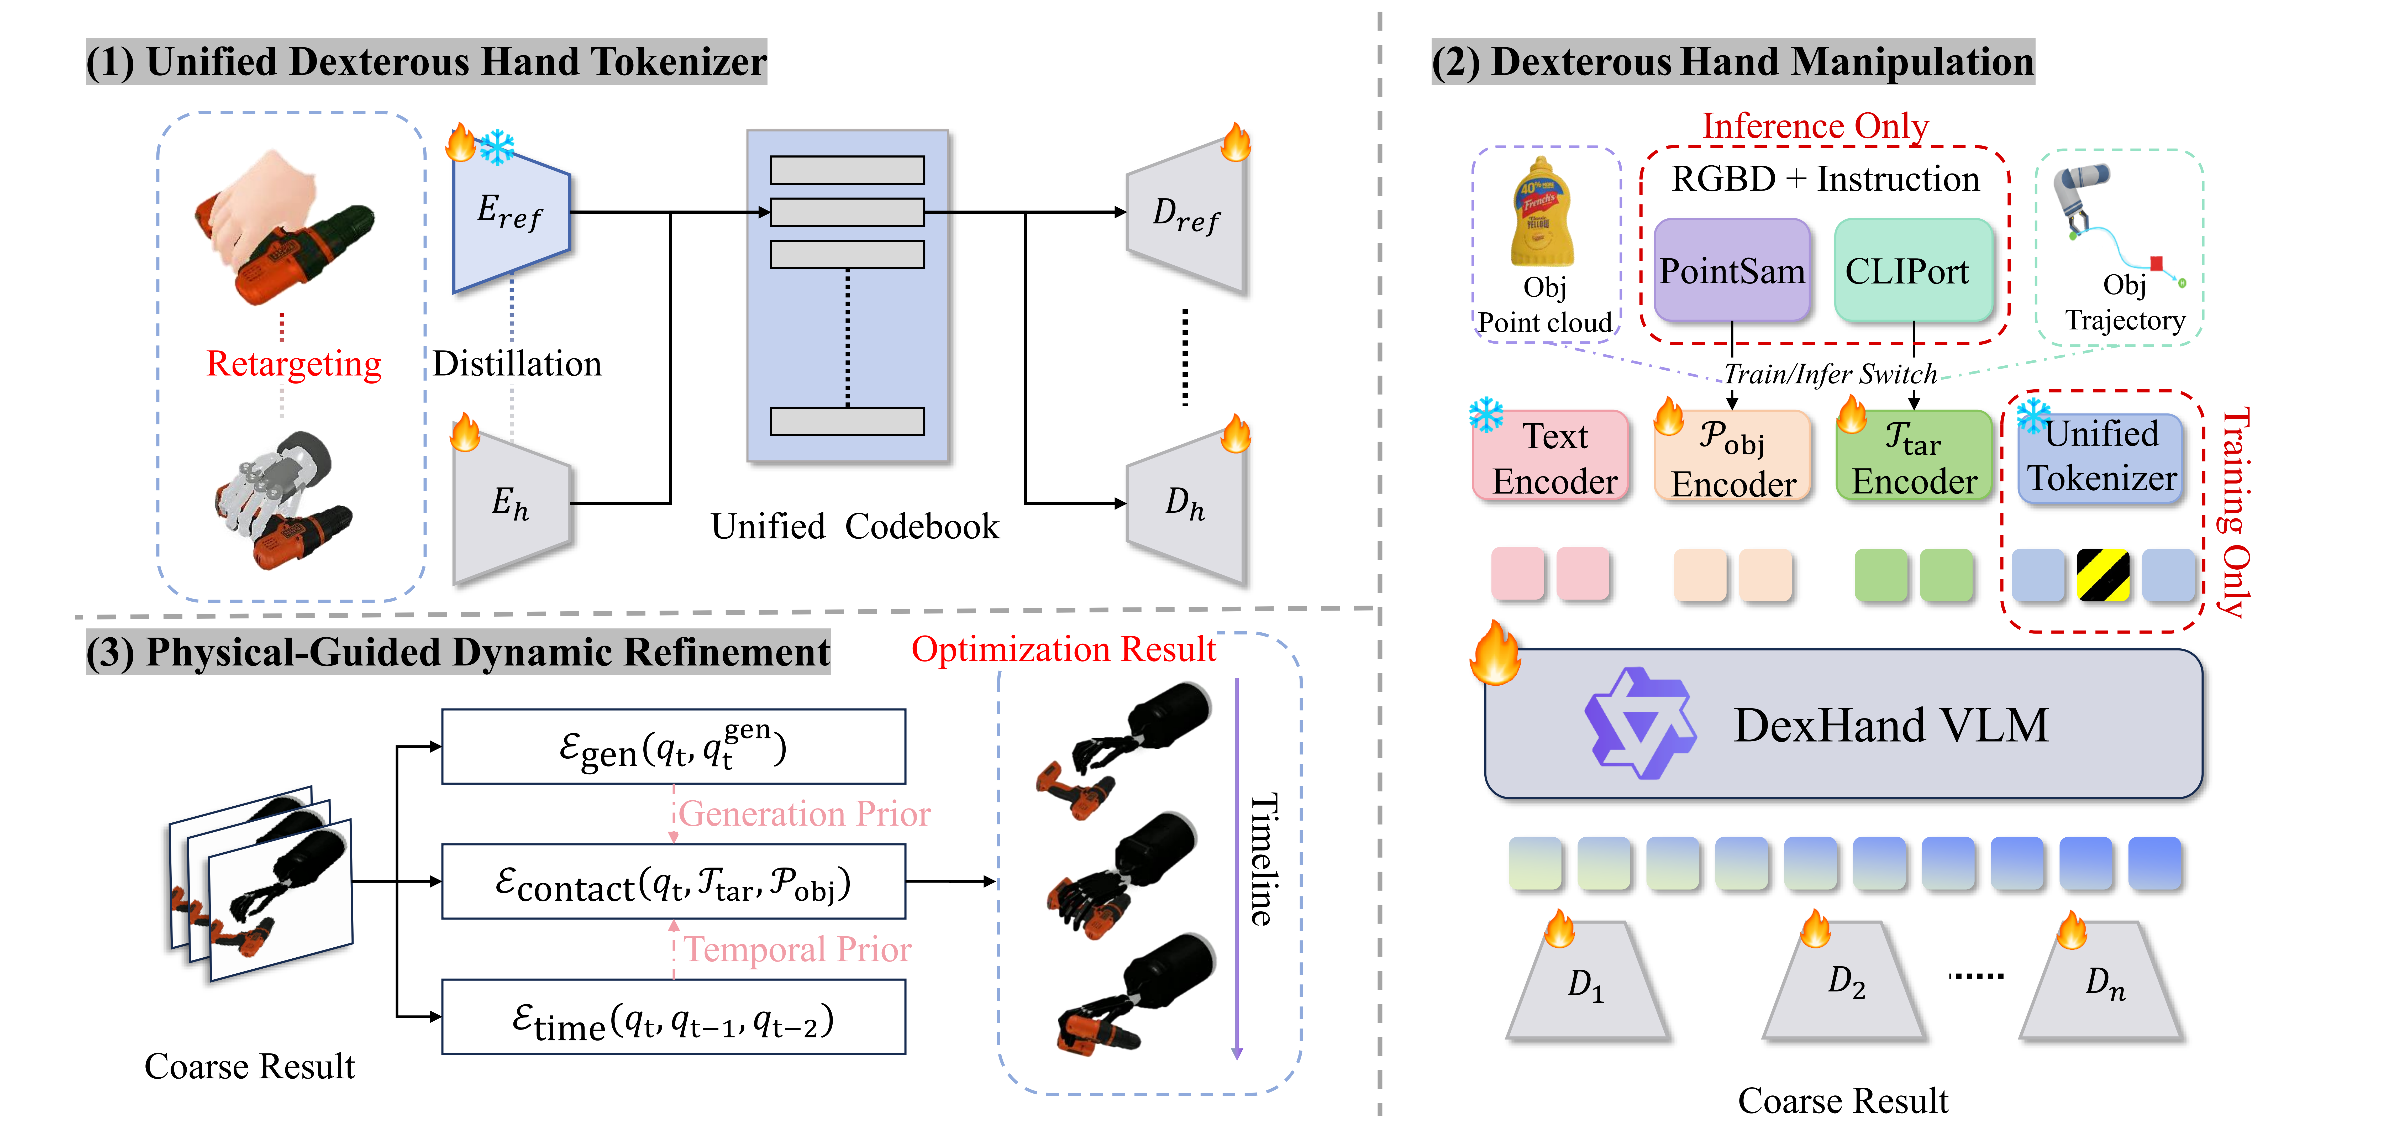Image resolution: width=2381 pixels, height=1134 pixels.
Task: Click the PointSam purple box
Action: tap(1731, 271)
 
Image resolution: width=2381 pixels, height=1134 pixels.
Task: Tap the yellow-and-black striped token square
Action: tap(2103, 575)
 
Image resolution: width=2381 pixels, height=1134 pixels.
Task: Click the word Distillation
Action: tap(517, 364)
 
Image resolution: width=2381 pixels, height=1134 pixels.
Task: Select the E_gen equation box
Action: tap(673, 747)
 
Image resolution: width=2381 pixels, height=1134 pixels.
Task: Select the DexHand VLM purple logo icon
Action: tap(1639, 724)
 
